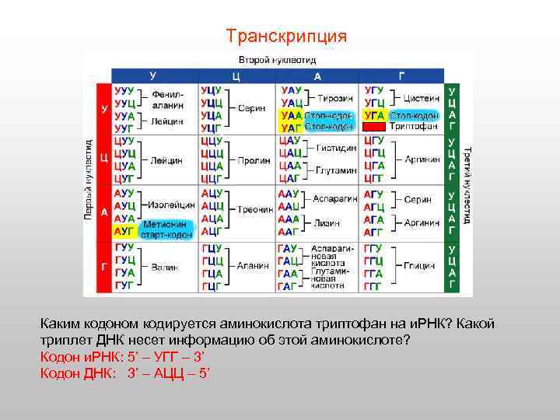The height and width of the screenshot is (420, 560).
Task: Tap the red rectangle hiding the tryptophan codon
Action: [374, 126]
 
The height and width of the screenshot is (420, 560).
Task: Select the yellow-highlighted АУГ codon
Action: [124, 231]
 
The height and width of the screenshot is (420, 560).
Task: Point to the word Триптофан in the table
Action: [413, 126]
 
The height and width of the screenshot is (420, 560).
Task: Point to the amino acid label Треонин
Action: [255, 209]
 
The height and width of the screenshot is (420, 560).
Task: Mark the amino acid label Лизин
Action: [327, 222]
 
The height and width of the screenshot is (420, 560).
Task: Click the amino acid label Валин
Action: [164, 267]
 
